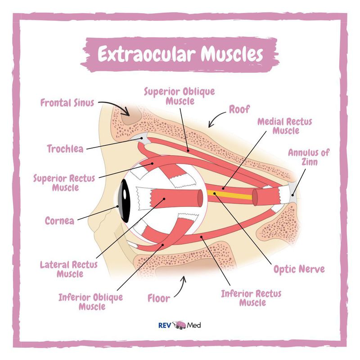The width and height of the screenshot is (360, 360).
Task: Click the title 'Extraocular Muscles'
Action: (180, 54)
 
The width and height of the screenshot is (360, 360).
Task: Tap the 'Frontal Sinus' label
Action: (67, 103)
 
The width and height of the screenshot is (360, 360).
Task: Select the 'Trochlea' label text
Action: (65, 148)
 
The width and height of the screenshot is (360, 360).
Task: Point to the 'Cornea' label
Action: (59, 221)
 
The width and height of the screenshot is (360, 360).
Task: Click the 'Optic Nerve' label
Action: (299, 269)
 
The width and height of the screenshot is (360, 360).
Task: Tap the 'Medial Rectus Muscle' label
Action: (284, 126)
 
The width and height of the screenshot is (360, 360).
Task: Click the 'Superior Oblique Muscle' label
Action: (179, 96)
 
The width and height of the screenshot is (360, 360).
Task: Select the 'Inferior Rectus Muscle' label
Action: (251, 298)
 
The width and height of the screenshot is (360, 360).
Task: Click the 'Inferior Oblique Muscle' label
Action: (90, 302)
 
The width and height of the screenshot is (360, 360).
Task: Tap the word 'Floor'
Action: (159, 298)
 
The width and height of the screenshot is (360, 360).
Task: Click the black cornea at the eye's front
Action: (122, 203)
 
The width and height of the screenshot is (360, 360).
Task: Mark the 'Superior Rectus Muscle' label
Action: (64, 183)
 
